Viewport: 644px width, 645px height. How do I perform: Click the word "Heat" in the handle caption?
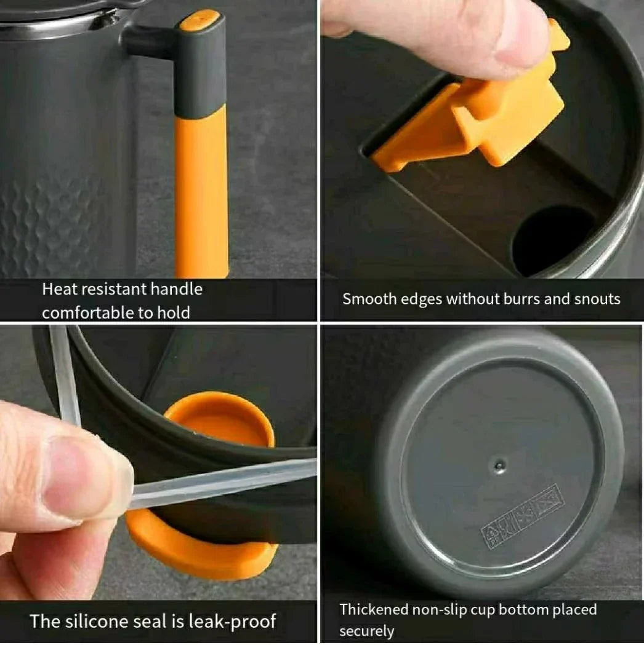(x=59, y=289)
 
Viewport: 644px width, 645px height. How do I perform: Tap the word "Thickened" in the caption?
(x=374, y=609)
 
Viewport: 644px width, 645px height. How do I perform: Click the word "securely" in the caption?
(x=366, y=631)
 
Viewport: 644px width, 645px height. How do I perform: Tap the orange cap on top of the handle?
(x=199, y=20)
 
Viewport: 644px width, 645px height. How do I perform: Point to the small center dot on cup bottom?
(x=499, y=466)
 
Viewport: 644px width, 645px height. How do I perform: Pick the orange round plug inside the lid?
(x=220, y=419)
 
